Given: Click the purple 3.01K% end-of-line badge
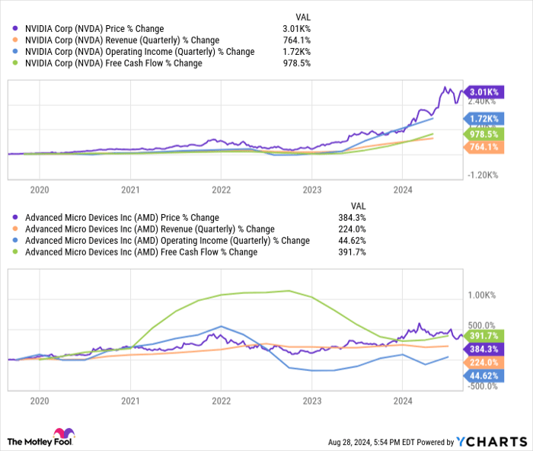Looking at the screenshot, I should (x=482, y=91).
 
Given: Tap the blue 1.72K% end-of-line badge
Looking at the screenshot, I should (x=482, y=119).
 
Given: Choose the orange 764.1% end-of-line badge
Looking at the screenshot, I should (x=482, y=146).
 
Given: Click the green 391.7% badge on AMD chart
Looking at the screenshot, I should (x=482, y=335).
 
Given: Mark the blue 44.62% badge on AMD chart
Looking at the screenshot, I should (x=482, y=376).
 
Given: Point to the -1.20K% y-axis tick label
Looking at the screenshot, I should (x=482, y=174).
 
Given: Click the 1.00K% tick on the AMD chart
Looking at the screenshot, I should (x=482, y=295).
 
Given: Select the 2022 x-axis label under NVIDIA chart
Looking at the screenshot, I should (x=221, y=189).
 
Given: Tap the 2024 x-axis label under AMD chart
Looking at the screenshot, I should (x=402, y=399).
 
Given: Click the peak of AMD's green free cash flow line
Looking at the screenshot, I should (x=287, y=290).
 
